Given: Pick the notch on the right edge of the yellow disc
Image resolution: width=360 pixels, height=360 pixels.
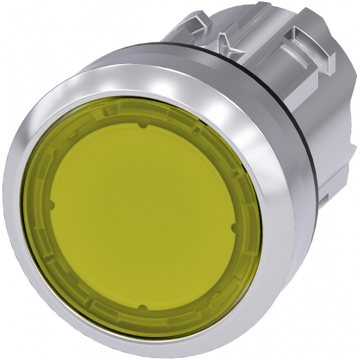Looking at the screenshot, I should pos(234,229).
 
